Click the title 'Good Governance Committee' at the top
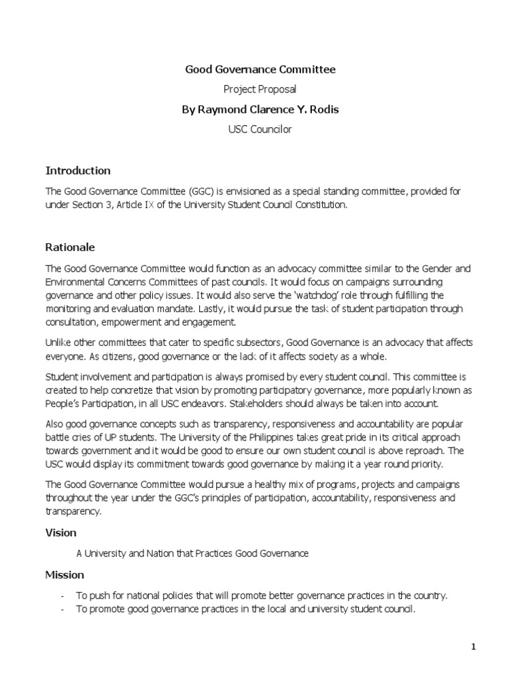pyautogui.click(x=260, y=69)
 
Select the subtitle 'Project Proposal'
pyautogui.click(x=260, y=89)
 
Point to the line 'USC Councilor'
pyautogui.click(x=260, y=129)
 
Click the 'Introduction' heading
pyautogui.click(x=77, y=170)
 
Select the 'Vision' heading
pyautogui.click(x=60, y=533)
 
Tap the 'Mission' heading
pyautogui.click(x=65, y=575)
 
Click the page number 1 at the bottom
pyautogui.click(x=474, y=647)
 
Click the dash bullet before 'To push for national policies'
pyautogui.click(x=63, y=596)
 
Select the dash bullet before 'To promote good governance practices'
pyautogui.click(x=63, y=610)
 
